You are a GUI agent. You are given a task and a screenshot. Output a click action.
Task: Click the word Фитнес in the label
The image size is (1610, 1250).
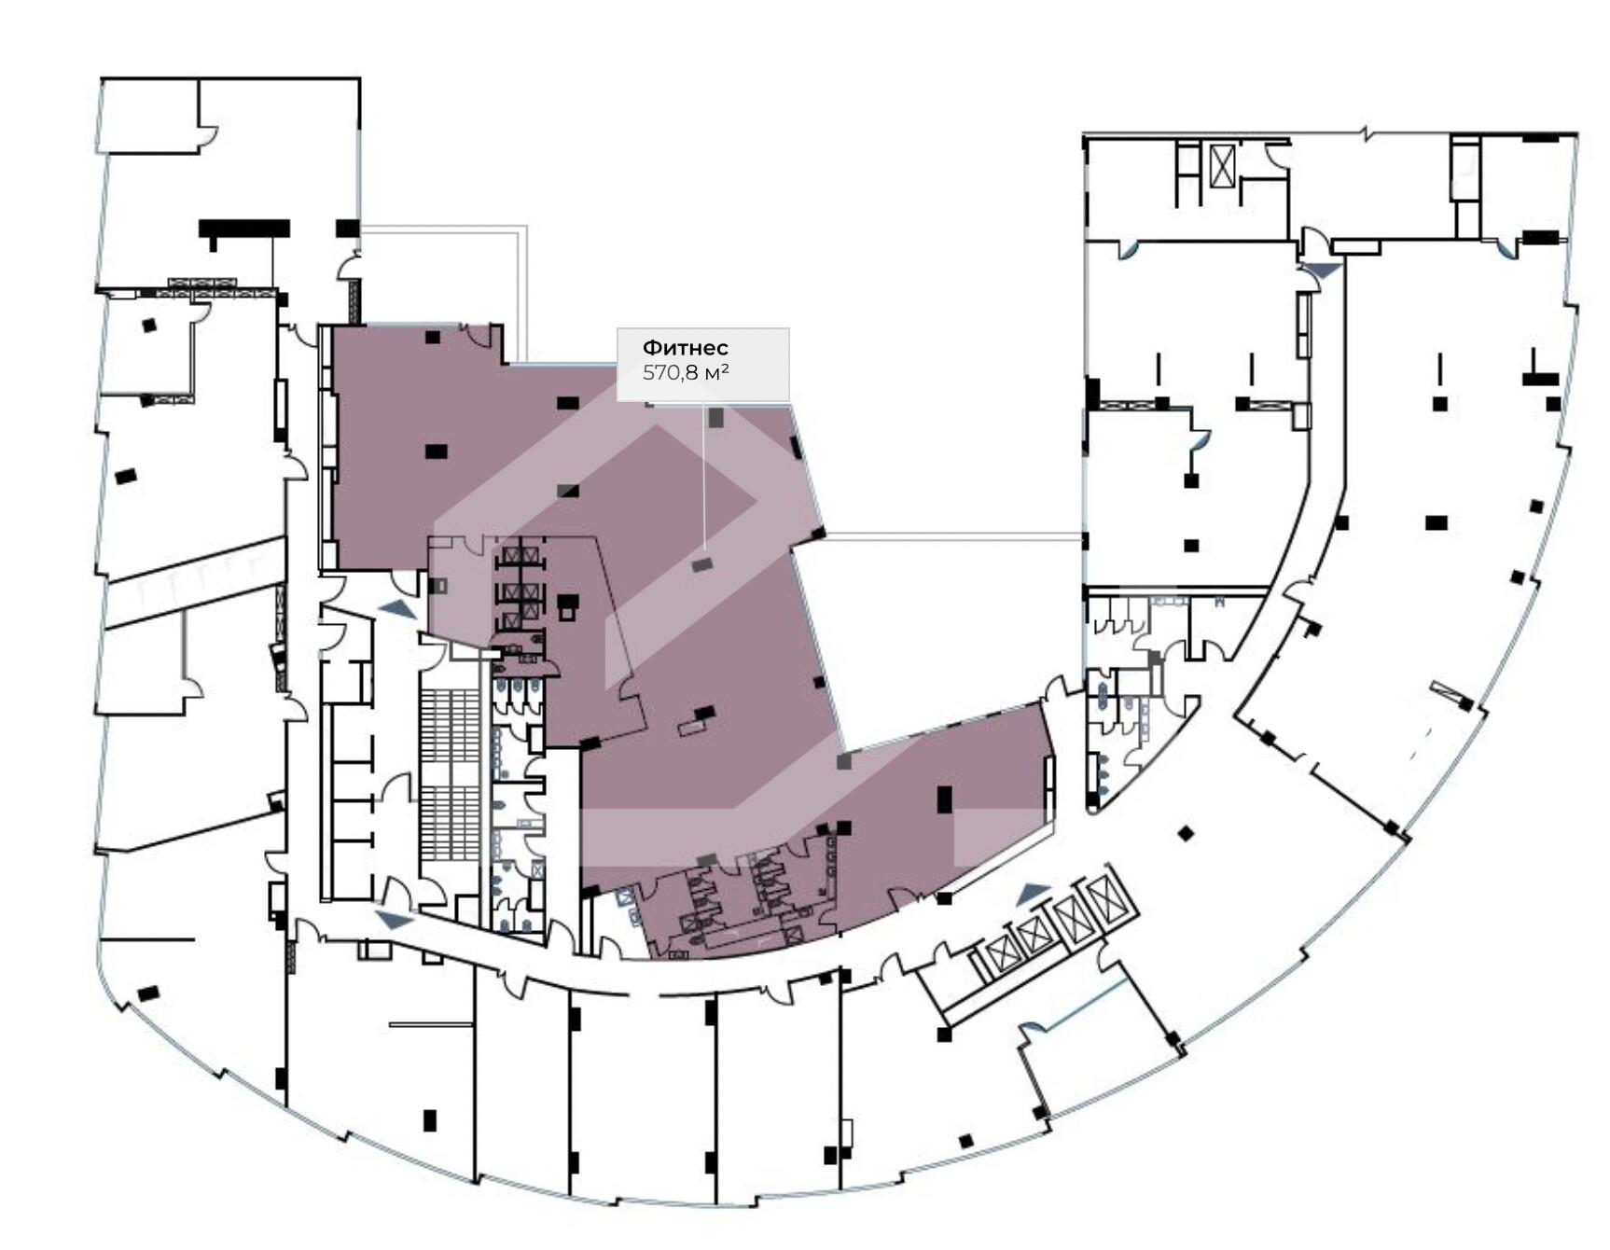point(685,348)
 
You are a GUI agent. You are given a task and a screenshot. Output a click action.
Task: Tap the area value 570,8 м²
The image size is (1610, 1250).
point(686,373)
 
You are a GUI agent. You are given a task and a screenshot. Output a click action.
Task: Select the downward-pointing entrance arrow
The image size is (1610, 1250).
point(1323,271)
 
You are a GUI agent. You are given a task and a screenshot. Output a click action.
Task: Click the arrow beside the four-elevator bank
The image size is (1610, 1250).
point(1033,894)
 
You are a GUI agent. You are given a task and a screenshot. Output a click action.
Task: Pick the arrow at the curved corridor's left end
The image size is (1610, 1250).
point(395,920)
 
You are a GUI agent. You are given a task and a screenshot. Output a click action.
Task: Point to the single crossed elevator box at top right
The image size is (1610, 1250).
point(1222,165)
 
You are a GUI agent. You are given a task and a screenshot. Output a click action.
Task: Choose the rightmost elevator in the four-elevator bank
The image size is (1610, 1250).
point(1107,897)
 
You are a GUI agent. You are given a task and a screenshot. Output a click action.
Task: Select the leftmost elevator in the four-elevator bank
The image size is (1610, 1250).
point(1003,954)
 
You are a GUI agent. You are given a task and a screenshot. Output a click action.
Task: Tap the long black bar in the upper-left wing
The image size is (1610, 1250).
point(244,229)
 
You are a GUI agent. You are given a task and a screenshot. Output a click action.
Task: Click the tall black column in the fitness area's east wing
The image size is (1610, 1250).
point(944,799)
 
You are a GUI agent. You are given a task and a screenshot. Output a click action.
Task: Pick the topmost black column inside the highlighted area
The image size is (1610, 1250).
point(432,337)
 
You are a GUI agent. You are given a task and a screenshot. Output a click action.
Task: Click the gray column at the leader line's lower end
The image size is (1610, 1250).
point(701,564)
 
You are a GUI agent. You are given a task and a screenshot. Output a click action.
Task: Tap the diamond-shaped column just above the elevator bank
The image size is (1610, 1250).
point(1186,833)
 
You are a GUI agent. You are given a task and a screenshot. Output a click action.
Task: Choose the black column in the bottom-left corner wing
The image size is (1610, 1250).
point(147,993)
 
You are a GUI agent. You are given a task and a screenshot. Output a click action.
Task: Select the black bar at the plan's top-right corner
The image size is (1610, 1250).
point(1540,138)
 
